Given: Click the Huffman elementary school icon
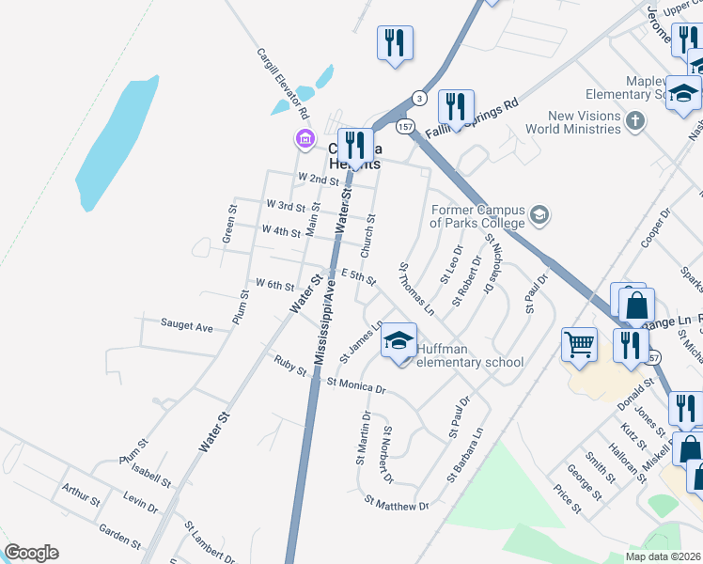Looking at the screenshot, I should point(398,340).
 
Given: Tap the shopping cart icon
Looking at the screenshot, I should point(579,344).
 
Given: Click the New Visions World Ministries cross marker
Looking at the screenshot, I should point(635,120).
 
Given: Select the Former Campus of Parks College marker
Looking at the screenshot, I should point(539,215).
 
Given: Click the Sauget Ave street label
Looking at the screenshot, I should point(186,326).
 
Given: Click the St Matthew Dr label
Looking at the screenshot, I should point(396,506).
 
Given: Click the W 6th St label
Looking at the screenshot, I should point(274,283).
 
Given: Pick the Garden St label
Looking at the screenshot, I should point(119,537).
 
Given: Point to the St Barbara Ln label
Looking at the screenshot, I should point(465,455).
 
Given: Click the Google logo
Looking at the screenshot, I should point(31,553).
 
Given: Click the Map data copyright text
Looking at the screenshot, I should point(663,556).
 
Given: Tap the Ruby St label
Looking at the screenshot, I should point(290,365).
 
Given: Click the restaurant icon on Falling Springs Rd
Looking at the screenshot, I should point(456,107).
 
